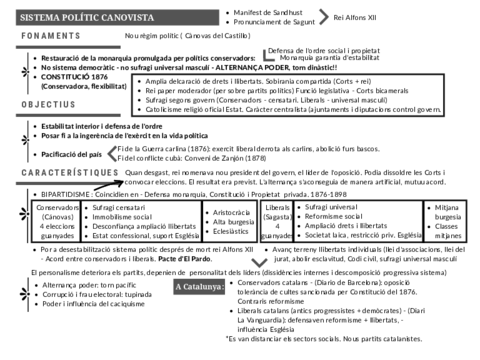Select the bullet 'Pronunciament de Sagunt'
click(277, 20)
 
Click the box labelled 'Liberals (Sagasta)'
click(278, 223)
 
